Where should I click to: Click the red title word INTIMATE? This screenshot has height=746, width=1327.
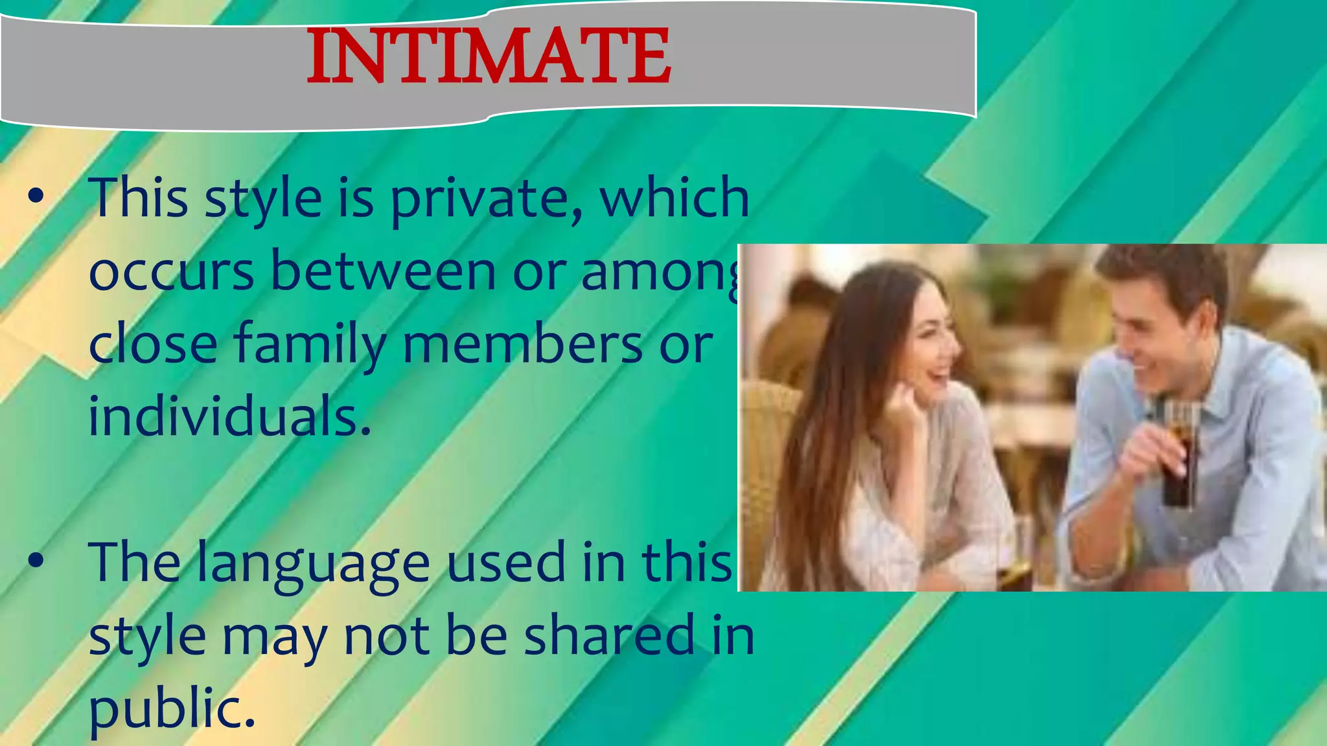click(x=489, y=57)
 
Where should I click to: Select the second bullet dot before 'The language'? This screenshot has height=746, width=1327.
click(x=36, y=561)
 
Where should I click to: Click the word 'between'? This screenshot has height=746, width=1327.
click(x=384, y=271)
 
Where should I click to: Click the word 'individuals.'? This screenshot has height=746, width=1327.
click(x=229, y=416)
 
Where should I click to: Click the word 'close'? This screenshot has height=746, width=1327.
click(x=153, y=344)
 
